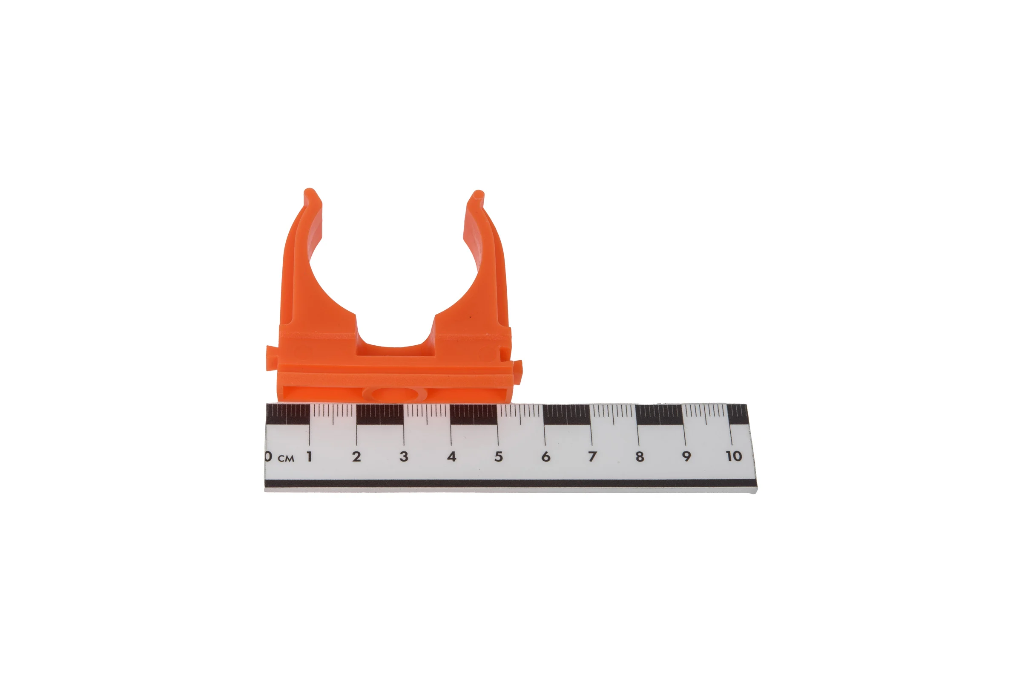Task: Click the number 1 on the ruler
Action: coord(310,456)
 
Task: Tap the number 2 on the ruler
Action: coord(356,456)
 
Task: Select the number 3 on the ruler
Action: coord(404,456)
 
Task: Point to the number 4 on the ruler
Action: coord(451,456)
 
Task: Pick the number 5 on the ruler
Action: coord(498,456)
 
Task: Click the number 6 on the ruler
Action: coord(546,456)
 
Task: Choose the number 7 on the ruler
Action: coord(592,456)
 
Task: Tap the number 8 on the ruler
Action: coord(640,456)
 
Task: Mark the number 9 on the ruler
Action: coord(686,456)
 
